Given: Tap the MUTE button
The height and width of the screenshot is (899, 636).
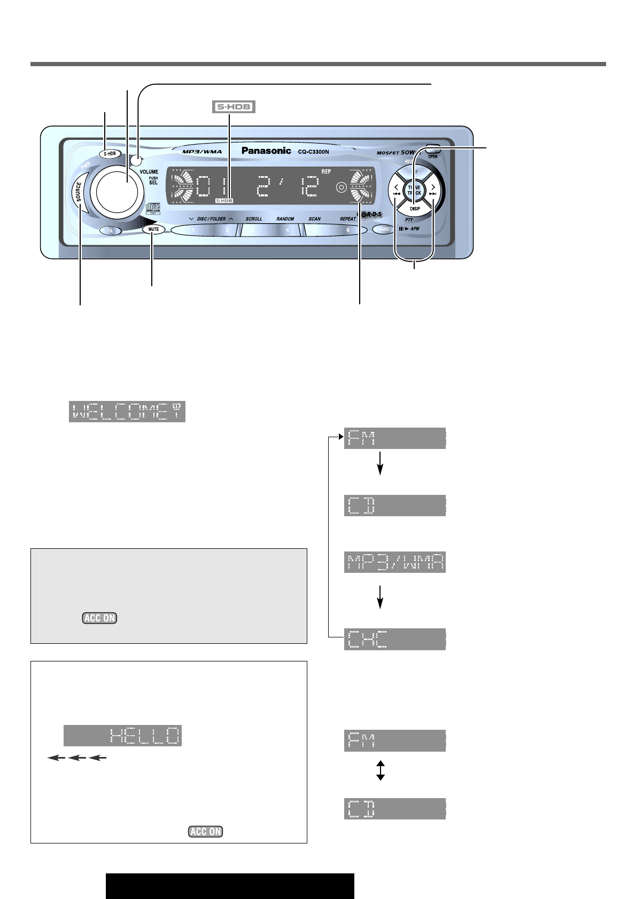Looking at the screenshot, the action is click(x=153, y=229).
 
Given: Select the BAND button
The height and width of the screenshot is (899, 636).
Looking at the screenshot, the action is click(x=384, y=229).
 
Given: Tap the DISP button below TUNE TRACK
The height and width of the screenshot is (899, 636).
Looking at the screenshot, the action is click(x=415, y=208).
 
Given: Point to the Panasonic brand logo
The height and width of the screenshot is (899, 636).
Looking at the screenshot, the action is click(x=266, y=151).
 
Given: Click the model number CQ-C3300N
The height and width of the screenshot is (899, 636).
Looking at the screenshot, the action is click(x=314, y=152).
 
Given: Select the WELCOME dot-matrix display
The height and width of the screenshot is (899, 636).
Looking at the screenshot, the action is click(x=127, y=412).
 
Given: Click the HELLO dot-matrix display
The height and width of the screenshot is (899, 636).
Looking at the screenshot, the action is click(x=122, y=736).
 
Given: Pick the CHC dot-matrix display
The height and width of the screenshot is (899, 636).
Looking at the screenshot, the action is click(x=394, y=639).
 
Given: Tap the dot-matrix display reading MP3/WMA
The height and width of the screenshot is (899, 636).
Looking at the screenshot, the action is click(x=394, y=562).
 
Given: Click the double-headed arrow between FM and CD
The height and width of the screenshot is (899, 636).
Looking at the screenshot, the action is click(x=380, y=771).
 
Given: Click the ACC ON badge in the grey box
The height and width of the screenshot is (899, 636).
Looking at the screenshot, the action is click(x=99, y=618).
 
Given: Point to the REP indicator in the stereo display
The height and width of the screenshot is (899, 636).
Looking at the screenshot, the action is click(x=326, y=172).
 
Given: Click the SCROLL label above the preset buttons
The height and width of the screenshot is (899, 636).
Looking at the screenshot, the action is click(x=254, y=219).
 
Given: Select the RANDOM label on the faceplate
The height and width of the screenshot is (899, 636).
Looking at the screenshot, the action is click(x=285, y=219).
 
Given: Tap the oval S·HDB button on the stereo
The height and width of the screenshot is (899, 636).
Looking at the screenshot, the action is click(x=110, y=154).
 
